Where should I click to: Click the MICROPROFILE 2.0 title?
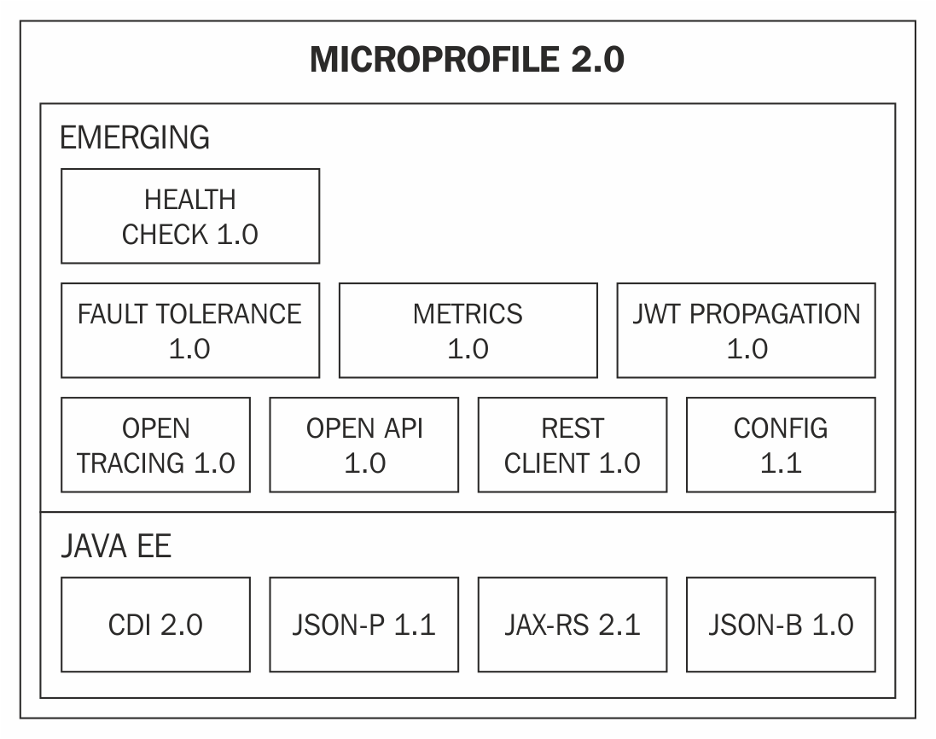click(467, 60)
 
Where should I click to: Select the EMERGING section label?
click(135, 137)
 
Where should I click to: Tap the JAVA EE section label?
click(116, 546)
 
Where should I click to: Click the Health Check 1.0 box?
click(190, 216)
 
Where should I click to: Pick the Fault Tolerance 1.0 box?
click(190, 330)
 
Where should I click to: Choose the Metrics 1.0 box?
click(468, 330)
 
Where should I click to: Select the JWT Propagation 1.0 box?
click(747, 330)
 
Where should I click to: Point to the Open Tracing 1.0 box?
click(156, 445)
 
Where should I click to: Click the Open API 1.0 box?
click(364, 445)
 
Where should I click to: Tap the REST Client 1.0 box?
click(573, 445)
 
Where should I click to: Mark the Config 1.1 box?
click(781, 445)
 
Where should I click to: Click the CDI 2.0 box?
click(156, 625)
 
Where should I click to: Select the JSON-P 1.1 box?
click(364, 625)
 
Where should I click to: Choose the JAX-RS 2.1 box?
click(573, 625)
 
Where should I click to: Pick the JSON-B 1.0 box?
click(781, 625)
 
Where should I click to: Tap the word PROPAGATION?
click(775, 314)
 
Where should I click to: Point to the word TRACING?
click(131, 463)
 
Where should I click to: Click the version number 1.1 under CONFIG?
click(781, 463)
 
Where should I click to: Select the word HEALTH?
click(190, 200)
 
